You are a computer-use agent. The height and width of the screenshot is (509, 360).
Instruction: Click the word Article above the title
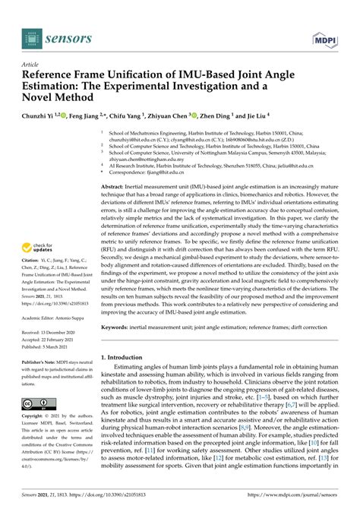[x=31, y=64]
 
